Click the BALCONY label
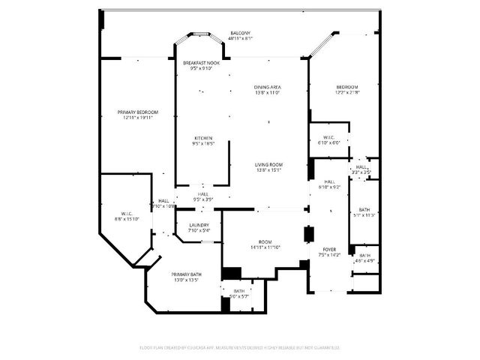[240, 33]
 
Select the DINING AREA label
[267, 88]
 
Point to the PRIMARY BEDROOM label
[137, 112]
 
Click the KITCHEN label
[203, 138]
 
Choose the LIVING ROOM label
[268, 165]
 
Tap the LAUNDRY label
[199, 225]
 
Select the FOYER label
[330, 249]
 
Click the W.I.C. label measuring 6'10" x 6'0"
[329, 137]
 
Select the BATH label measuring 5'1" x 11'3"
[364, 210]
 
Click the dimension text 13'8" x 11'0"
[267, 92]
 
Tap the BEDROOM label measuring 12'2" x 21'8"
[346, 88]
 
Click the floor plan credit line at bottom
[240, 347]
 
